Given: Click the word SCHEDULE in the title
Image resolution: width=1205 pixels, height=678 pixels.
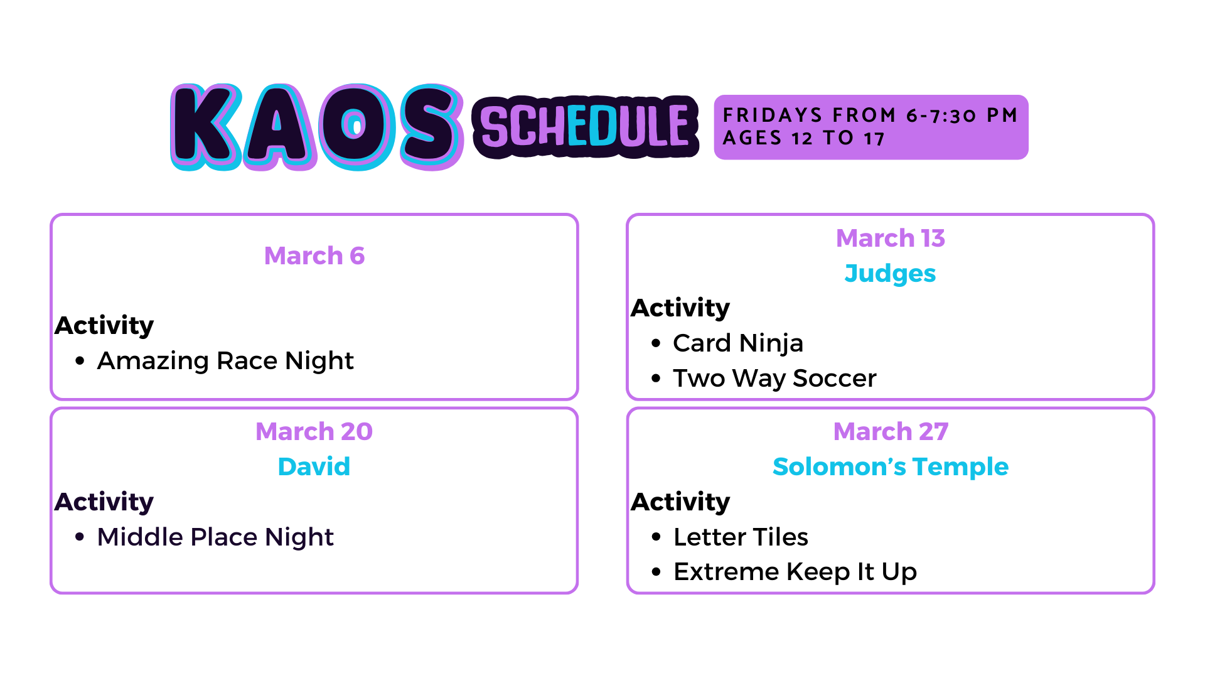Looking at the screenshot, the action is [x=586, y=127].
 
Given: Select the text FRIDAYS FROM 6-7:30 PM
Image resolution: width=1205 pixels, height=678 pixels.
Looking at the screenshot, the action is [x=870, y=116].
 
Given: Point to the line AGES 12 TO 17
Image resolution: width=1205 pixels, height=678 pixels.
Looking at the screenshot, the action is [x=804, y=138].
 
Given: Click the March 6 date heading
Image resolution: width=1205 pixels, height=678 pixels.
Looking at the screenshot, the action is [x=314, y=256].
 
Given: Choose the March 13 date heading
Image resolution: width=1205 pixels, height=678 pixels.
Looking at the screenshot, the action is [x=891, y=238].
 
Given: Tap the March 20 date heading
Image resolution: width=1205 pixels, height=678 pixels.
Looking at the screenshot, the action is [x=314, y=431].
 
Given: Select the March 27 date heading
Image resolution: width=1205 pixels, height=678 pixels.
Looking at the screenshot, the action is [x=891, y=431].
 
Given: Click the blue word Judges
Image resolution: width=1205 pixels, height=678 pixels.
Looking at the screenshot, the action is [x=891, y=274].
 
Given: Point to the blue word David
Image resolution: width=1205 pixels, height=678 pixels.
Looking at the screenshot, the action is [x=314, y=466].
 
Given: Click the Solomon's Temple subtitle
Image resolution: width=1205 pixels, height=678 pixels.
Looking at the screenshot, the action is [x=891, y=466].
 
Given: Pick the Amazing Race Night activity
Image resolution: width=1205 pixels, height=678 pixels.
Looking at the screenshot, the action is [x=225, y=361].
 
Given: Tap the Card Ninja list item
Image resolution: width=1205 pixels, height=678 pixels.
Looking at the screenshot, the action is [x=738, y=343].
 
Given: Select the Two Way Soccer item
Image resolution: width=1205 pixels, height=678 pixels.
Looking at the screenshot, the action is [x=774, y=379].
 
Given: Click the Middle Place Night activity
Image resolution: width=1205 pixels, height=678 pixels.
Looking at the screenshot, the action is [x=215, y=537].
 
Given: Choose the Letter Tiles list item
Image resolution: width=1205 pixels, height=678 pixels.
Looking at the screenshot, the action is [x=741, y=537].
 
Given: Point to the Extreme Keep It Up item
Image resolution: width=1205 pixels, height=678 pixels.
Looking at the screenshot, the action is [x=795, y=572].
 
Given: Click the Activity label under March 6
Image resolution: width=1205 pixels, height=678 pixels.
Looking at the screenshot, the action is [x=104, y=326].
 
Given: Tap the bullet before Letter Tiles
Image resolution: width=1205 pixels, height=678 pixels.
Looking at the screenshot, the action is [x=656, y=537].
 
